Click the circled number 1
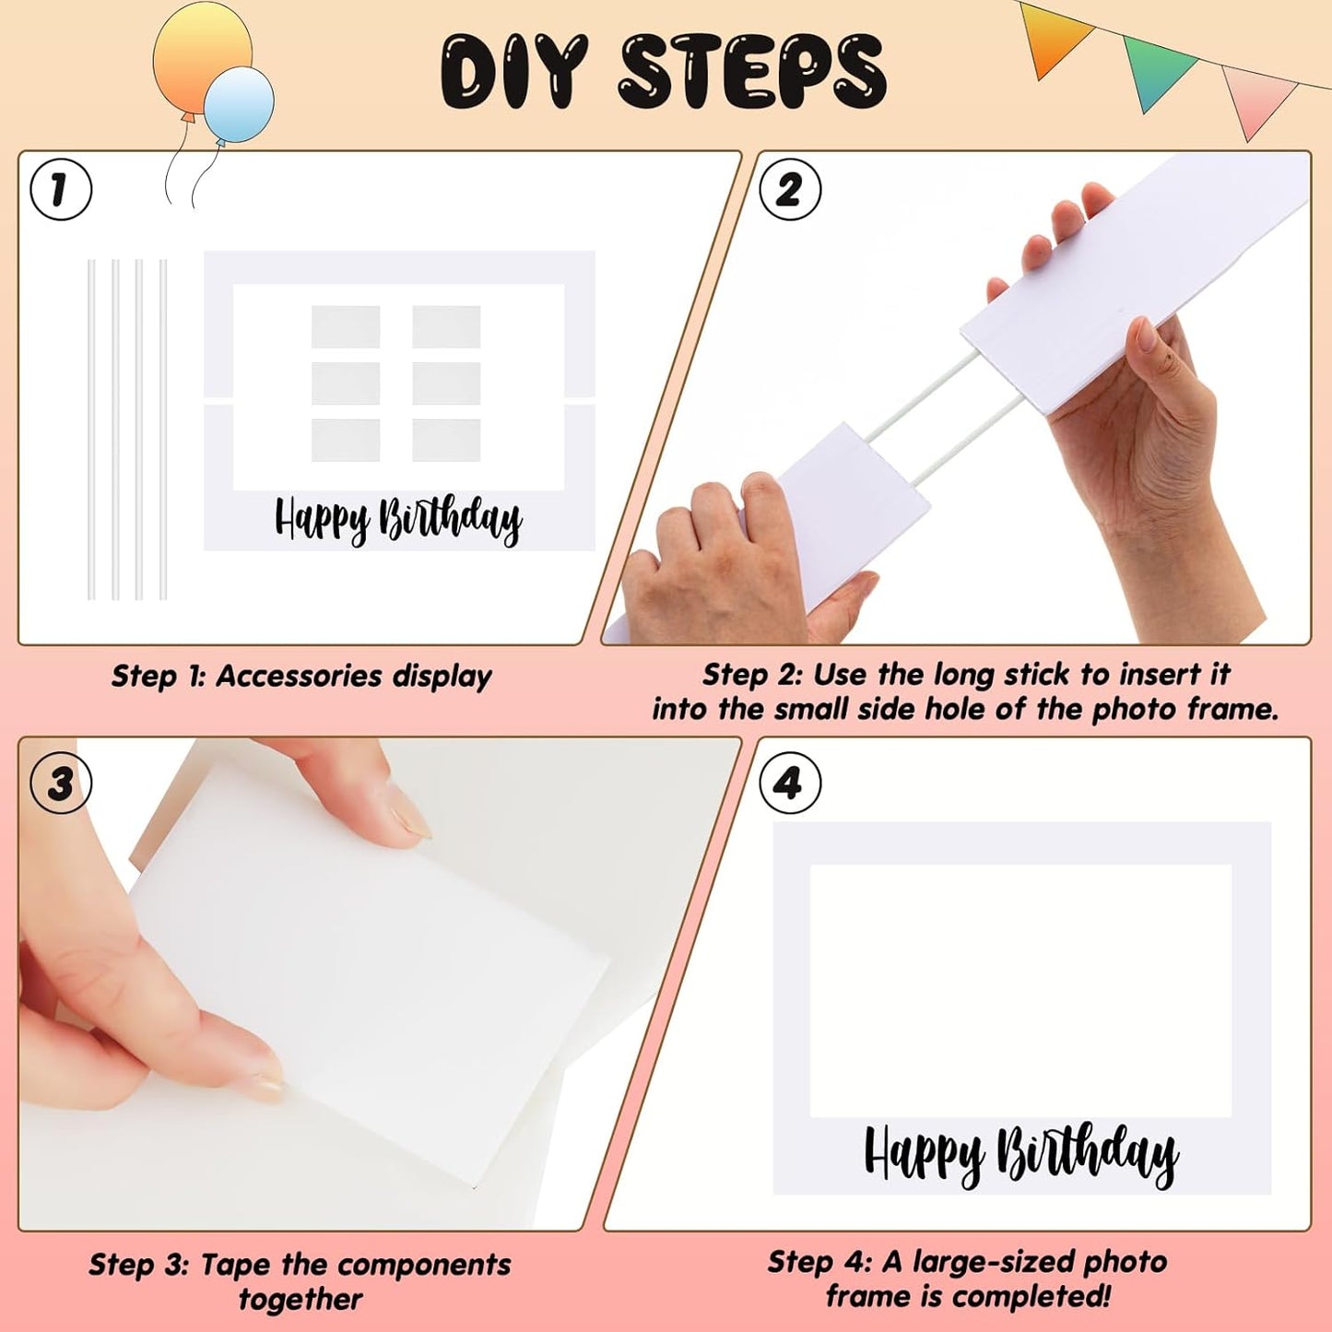tap(61, 190)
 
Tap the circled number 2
tap(789, 190)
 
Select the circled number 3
tap(61, 784)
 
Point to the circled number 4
tap(789, 784)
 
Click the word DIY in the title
tap(513, 72)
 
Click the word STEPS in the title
tap(752, 72)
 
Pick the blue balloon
tap(240, 103)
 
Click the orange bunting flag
tap(1055, 37)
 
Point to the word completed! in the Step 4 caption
tap(1043, 1297)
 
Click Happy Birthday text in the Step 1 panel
tap(398, 520)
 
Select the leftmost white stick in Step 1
tap(91, 430)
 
